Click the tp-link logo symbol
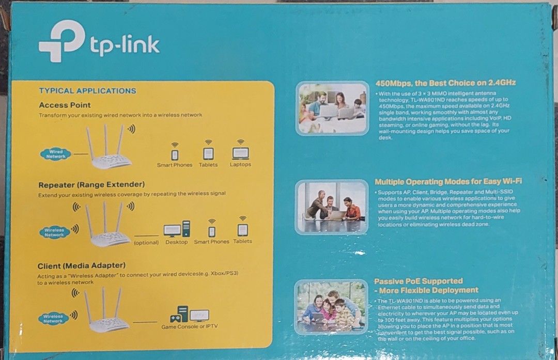[x=61, y=41]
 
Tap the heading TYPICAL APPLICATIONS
[x=87, y=91]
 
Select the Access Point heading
[x=65, y=105]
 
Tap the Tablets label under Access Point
[x=208, y=165]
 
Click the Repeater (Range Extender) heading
[x=91, y=184]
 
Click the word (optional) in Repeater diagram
[x=146, y=242]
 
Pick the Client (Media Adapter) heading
[x=82, y=266]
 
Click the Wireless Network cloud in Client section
[x=53, y=318]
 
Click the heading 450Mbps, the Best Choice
[x=445, y=83]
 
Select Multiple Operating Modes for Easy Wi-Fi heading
[x=448, y=182]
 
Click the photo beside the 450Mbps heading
[x=333, y=108]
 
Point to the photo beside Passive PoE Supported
[x=331, y=307]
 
